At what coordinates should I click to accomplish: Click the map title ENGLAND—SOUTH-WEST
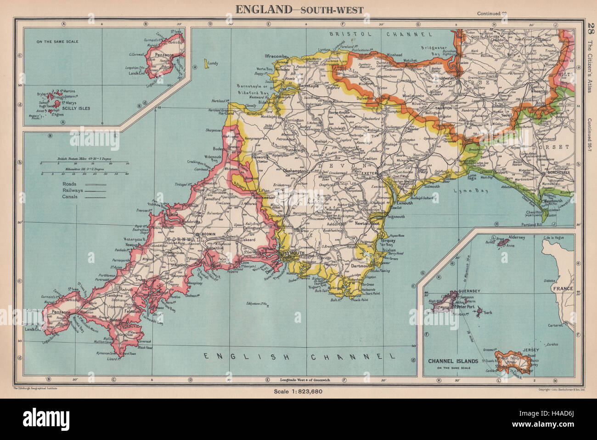299,9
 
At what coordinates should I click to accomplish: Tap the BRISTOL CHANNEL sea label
381,34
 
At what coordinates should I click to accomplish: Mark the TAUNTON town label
444,108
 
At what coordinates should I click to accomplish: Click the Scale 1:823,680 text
299,391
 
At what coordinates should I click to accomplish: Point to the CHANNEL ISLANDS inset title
454,361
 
